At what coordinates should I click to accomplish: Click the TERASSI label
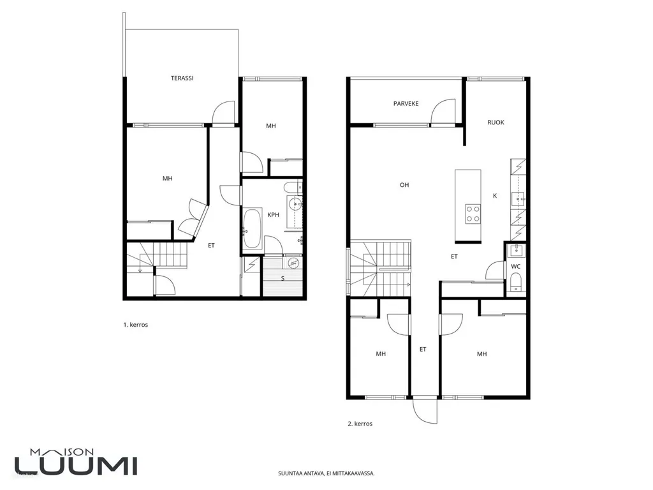[182, 78]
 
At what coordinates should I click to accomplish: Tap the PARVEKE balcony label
[406, 104]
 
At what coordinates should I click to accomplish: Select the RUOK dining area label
[495, 122]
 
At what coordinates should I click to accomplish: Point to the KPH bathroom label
[273, 215]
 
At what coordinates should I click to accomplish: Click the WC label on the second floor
[515, 267]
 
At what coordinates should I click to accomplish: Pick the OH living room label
[404, 185]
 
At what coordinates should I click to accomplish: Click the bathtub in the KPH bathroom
[252, 228]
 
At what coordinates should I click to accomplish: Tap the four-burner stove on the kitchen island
[473, 214]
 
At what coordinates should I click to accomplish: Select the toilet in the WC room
[515, 282]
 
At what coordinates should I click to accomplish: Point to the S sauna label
[282, 278]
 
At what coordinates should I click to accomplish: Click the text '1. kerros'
[135, 325]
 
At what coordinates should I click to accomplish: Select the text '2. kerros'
[360, 424]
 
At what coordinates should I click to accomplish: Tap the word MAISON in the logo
[62, 452]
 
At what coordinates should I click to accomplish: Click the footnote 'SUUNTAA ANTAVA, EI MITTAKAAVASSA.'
[326, 473]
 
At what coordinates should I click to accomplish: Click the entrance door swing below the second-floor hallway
[425, 411]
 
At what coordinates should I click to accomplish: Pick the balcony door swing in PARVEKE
[443, 111]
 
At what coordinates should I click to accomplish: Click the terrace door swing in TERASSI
[225, 112]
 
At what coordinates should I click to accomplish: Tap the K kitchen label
[495, 195]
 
